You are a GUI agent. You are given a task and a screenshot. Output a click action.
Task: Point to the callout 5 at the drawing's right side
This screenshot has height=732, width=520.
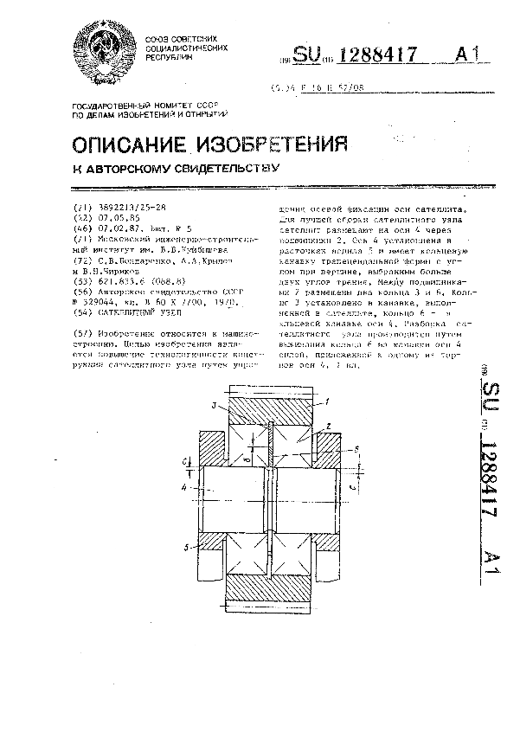[356, 450]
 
